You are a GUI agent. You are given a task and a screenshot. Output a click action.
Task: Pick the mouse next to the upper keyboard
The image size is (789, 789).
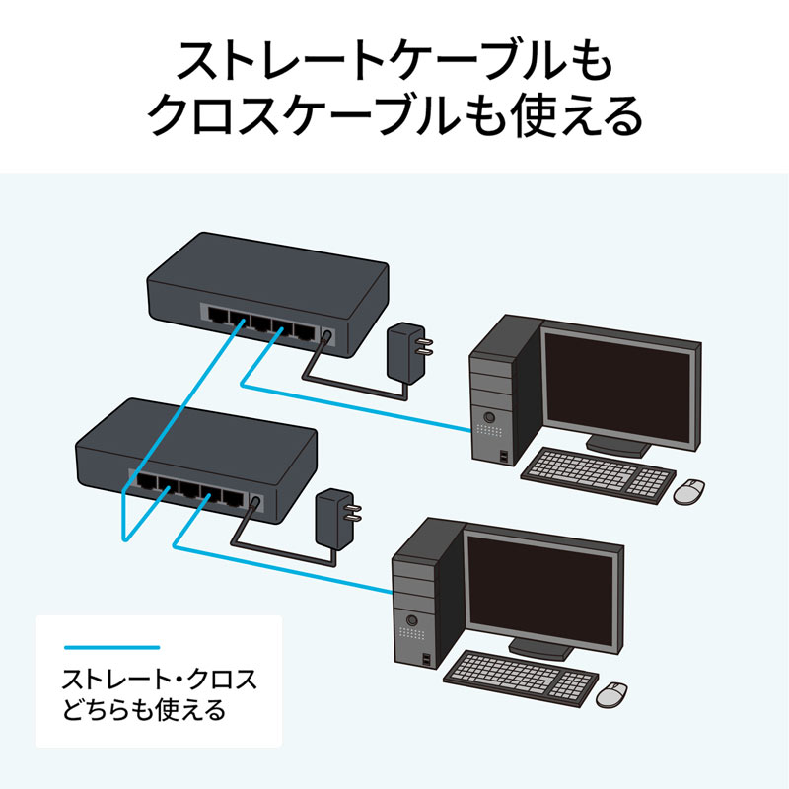(689, 490)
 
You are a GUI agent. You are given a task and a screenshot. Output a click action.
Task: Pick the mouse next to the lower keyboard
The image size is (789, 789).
(613, 692)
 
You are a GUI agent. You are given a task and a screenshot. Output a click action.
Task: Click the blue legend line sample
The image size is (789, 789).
(111, 647)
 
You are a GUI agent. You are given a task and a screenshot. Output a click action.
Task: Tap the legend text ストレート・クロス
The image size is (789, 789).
(159, 680)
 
